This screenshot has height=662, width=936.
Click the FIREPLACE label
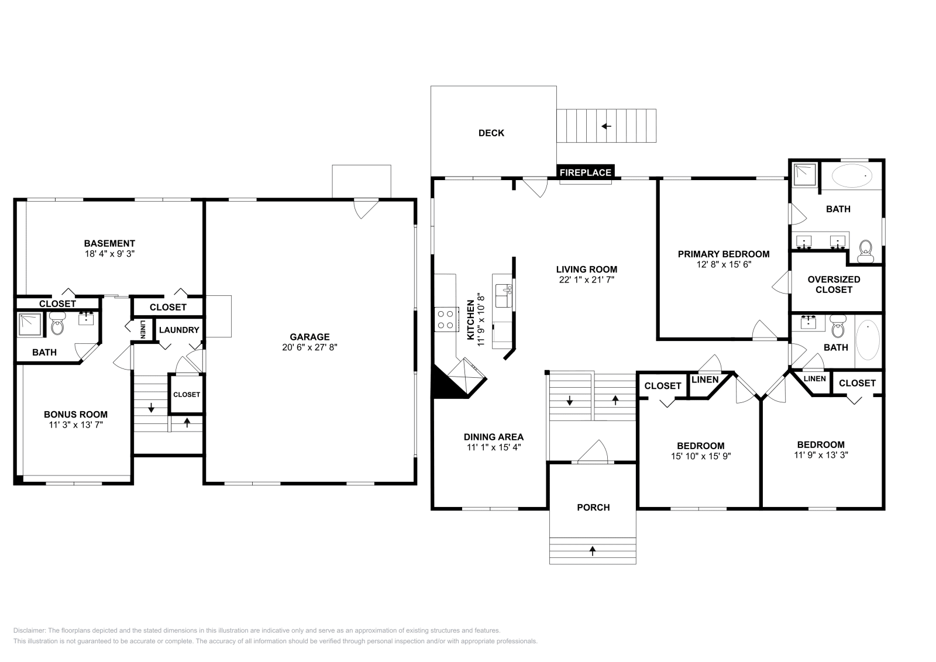(x=586, y=173)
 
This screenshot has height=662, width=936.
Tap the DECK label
(x=491, y=133)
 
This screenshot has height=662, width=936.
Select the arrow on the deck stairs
(x=606, y=126)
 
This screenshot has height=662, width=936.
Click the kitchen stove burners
(x=446, y=319)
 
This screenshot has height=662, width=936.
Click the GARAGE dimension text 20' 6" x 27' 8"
(x=309, y=347)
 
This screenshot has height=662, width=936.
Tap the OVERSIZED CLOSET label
(x=834, y=284)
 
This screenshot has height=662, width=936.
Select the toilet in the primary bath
(x=865, y=251)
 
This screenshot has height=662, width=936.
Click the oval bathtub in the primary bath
(x=851, y=175)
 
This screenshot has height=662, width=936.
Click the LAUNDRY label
(x=179, y=330)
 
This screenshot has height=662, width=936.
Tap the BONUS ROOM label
(x=75, y=414)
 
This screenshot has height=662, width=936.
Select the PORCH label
(x=593, y=507)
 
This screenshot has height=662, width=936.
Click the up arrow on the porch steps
(x=593, y=550)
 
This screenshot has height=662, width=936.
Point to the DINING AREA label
(x=493, y=437)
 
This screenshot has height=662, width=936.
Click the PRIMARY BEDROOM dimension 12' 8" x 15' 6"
(x=723, y=264)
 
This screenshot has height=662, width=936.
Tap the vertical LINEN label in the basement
(x=143, y=329)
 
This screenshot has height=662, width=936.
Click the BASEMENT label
(x=109, y=243)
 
